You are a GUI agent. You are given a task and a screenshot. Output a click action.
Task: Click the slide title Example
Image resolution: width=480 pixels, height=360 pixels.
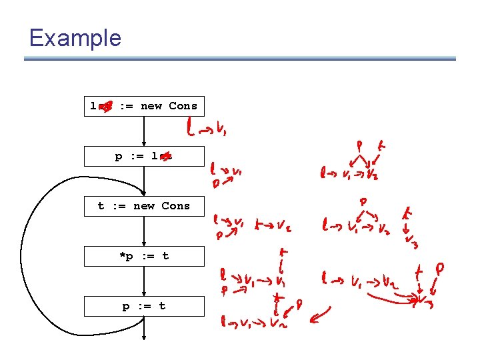click(x=75, y=37)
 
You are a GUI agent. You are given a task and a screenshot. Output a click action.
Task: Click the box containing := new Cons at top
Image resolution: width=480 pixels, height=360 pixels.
click(x=144, y=106)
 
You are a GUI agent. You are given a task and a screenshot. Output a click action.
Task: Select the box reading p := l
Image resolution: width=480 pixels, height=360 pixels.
click(x=144, y=156)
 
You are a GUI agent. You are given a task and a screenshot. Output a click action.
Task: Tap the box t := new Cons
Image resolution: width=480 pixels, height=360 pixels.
click(x=144, y=206)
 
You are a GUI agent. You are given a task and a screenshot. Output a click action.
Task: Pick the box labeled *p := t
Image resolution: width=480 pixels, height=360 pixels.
click(x=144, y=256)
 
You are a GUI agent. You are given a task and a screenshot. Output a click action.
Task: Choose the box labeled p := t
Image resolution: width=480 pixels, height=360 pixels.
click(x=144, y=306)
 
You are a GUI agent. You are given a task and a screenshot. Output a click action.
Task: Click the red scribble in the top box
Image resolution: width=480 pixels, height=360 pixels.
click(x=105, y=107)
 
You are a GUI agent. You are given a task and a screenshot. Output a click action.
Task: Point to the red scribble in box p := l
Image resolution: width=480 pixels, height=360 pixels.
click(x=165, y=157)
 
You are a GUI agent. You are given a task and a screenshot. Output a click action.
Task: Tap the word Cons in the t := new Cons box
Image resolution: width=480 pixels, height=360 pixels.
click(x=175, y=206)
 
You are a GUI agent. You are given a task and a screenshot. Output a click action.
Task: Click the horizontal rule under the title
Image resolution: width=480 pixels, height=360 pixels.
click(x=240, y=59)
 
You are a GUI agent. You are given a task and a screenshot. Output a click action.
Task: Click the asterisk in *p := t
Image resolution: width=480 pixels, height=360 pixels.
click(x=122, y=255)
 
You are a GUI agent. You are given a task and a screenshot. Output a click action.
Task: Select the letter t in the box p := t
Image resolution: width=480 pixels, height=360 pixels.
click(x=162, y=306)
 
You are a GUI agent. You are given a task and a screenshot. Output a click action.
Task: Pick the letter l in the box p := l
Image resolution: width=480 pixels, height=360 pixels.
click(x=155, y=156)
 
